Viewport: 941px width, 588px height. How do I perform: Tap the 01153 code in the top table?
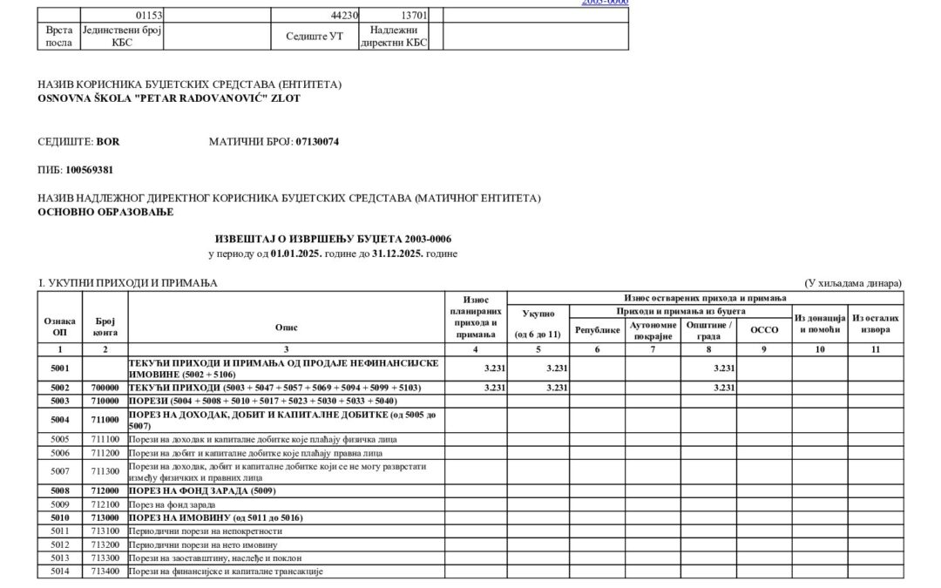coord(148,16)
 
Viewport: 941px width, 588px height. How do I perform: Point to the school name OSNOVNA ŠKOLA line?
coord(169,98)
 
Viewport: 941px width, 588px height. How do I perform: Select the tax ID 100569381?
coord(90,170)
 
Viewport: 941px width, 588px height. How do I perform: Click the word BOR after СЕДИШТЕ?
coord(108,141)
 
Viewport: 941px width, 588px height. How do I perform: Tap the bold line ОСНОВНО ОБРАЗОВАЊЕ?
coord(105,212)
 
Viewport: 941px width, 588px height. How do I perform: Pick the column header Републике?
coord(597,330)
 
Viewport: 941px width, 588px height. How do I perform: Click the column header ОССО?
coord(764,330)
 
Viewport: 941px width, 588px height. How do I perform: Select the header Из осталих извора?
coord(876,324)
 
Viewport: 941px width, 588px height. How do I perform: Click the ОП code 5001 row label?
coord(60,368)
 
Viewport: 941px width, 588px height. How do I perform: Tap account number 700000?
coord(106,387)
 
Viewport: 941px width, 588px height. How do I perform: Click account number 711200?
coord(106,452)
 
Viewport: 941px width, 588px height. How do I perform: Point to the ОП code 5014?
coord(60,571)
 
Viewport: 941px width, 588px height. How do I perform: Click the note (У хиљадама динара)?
coord(853,283)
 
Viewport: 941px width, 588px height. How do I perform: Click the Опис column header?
coord(286,328)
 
